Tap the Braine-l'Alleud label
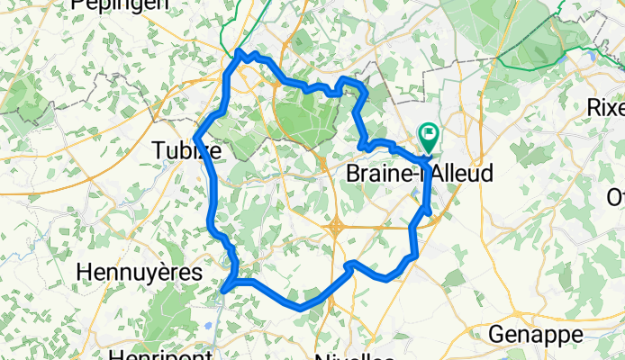(x=420, y=173)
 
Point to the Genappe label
(x=535, y=335)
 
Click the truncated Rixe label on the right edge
(x=605, y=107)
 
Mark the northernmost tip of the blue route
(x=240, y=53)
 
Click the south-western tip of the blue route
(x=223, y=290)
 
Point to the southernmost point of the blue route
(x=298, y=308)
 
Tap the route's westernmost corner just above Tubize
(x=197, y=135)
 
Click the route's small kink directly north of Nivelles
(x=350, y=264)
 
